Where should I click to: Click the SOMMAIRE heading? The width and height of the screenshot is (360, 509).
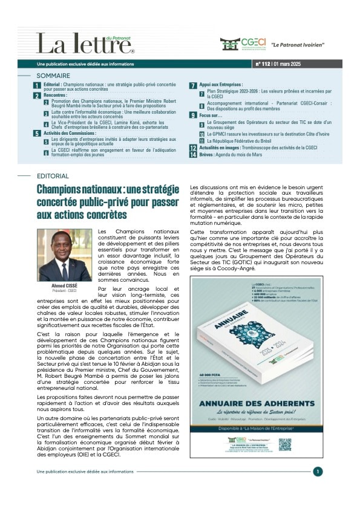[x=53, y=76]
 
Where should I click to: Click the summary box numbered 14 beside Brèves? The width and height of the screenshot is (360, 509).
[x=193, y=155]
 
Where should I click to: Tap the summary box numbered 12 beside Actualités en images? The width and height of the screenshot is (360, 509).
[x=193, y=148]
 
